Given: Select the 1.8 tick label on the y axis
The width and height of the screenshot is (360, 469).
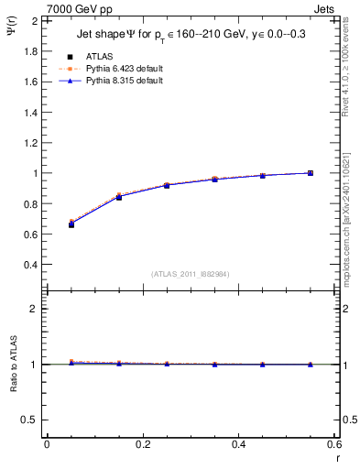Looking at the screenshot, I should pos(31,50).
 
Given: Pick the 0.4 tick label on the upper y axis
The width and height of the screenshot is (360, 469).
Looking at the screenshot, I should pos(31,265).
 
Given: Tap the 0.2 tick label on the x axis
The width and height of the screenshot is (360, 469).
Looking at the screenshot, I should pos(142,444).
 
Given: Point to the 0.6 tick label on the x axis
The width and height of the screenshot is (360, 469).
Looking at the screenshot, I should pos(333,444).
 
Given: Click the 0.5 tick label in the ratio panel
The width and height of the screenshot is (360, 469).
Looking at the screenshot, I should pos(31,420).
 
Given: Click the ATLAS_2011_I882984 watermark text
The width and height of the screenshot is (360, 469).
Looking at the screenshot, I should pos(190,274).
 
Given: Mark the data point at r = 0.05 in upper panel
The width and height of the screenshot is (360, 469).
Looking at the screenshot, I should pos(71,224).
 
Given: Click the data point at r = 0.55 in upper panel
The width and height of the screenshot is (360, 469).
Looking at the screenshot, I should pos(310,173).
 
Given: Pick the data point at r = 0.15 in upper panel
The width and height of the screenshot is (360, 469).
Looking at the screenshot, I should pos(118,197).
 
